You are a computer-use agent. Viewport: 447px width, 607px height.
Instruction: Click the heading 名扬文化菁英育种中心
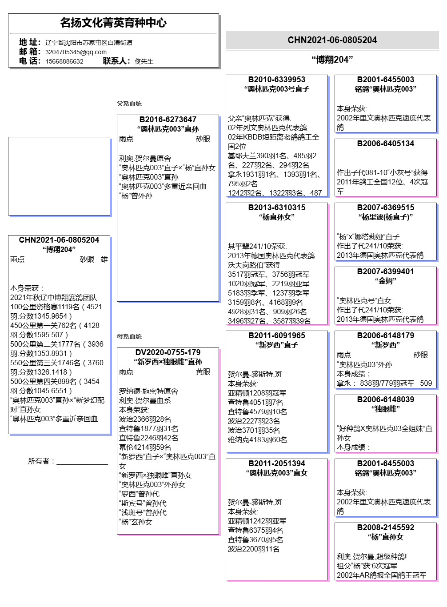point(113,23)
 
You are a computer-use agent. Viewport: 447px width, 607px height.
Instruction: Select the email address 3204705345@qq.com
point(76,52)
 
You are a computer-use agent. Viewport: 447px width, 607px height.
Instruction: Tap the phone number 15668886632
point(64,61)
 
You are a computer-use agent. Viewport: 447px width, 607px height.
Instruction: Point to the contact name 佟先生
point(144,61)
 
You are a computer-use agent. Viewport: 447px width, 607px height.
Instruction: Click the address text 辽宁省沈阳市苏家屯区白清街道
point(89,43)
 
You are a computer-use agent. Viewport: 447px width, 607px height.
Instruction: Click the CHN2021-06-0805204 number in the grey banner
point(332,40)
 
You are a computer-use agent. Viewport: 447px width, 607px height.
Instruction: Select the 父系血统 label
point(129,104)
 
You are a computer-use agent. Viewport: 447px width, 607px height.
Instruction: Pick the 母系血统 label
point(129,336)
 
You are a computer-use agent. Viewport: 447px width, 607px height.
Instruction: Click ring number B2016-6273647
point(168,120)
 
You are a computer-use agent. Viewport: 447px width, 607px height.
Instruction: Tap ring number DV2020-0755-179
point(168,352)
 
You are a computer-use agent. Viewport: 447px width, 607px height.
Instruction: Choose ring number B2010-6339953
point(276,80)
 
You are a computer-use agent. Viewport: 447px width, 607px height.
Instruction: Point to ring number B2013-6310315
point(276,208)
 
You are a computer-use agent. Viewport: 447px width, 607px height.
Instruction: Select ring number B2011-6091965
point(276,335)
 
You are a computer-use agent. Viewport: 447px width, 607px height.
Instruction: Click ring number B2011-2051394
point(276,463)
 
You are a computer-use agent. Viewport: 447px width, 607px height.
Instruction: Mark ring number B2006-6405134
point(385,144)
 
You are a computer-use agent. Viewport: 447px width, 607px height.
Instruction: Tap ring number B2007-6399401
point(385,272)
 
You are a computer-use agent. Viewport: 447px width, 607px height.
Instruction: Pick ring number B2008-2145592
point(385,527)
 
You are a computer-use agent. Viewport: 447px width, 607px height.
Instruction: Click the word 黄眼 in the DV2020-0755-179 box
point(203,371)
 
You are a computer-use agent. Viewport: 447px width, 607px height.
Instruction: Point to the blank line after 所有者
point(82,462)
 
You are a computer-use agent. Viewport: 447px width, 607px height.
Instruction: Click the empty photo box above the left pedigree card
point(59,176)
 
